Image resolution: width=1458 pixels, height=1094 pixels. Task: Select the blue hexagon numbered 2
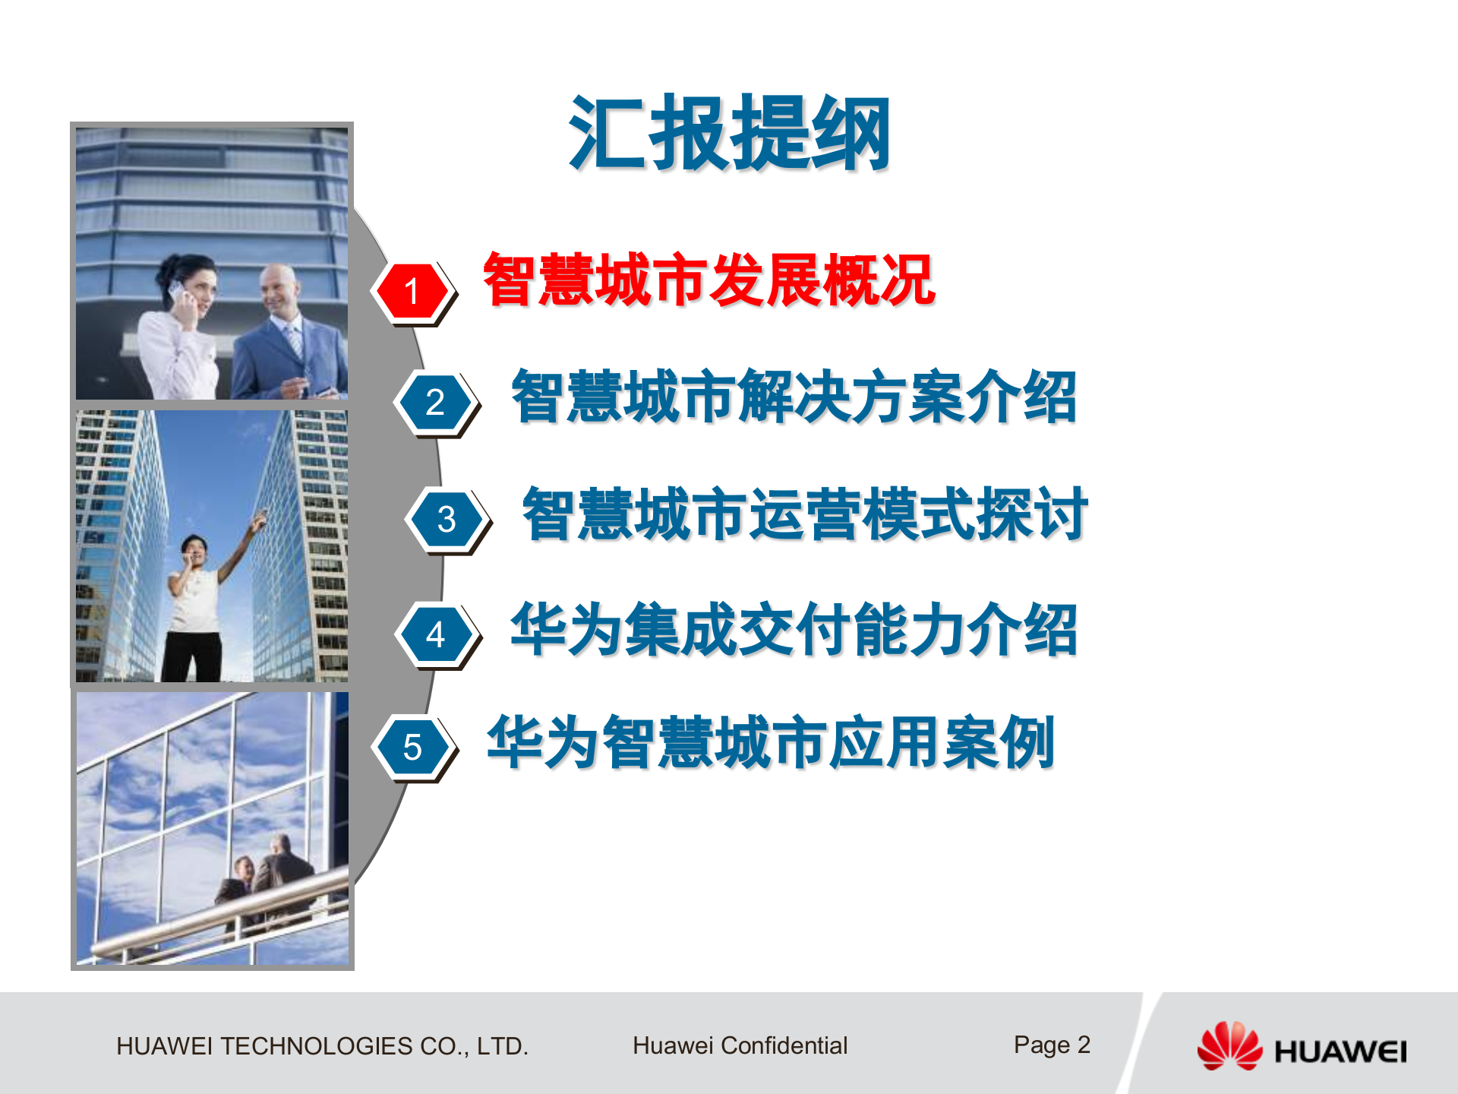pos(435,402)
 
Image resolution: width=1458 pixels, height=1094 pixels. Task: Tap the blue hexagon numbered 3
pos(447,520)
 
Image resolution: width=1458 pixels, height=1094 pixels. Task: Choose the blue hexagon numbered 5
pos(412,748)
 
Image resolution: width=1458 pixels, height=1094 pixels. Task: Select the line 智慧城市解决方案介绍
pos(794,397)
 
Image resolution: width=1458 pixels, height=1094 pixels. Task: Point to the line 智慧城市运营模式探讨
pos(805,515)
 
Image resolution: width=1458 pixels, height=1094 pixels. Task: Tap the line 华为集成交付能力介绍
pos(794,630)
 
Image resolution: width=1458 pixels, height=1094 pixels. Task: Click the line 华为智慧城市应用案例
pos(771,743)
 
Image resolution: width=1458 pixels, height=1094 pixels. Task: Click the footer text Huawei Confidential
pos(740,1045)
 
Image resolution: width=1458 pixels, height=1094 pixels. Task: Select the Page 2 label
pos(1052,1045)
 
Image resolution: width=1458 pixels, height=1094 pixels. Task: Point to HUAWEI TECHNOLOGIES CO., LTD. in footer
pos(322,1046)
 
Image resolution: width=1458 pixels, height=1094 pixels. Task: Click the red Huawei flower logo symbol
pos(1229,1046)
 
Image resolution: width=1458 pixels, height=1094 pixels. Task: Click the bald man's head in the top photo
pos(280,287)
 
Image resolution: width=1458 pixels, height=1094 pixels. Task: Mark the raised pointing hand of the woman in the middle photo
pos(260,520)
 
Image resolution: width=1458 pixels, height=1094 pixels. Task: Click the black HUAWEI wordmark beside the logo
pos(1340,1052)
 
